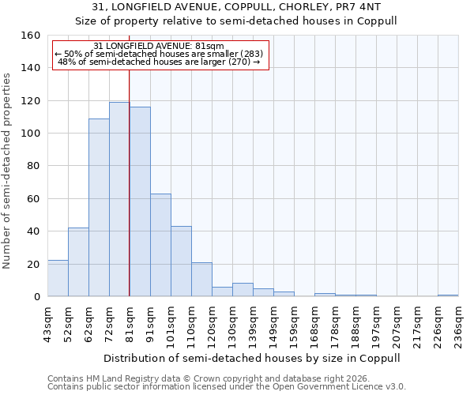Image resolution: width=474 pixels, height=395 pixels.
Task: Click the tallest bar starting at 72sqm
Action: [119, 199]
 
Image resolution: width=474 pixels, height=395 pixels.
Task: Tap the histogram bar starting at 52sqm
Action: [78, 262]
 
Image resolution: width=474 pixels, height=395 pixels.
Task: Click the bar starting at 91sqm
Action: [160, 245]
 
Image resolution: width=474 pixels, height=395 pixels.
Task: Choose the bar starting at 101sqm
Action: [181, 261]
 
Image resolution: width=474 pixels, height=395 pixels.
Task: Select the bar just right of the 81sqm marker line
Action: [140, 201]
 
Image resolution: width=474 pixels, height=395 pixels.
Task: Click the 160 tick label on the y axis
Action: [32, 36]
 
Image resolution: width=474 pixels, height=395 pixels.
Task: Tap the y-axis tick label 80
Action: [34, 166]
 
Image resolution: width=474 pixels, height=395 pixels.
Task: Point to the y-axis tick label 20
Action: [34, 264]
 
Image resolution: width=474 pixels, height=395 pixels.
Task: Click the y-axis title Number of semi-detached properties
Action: [7, 166]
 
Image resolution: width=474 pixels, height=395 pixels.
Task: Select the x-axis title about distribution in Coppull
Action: [252, 358]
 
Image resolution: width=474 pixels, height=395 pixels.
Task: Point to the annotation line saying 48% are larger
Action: [160, 61]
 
